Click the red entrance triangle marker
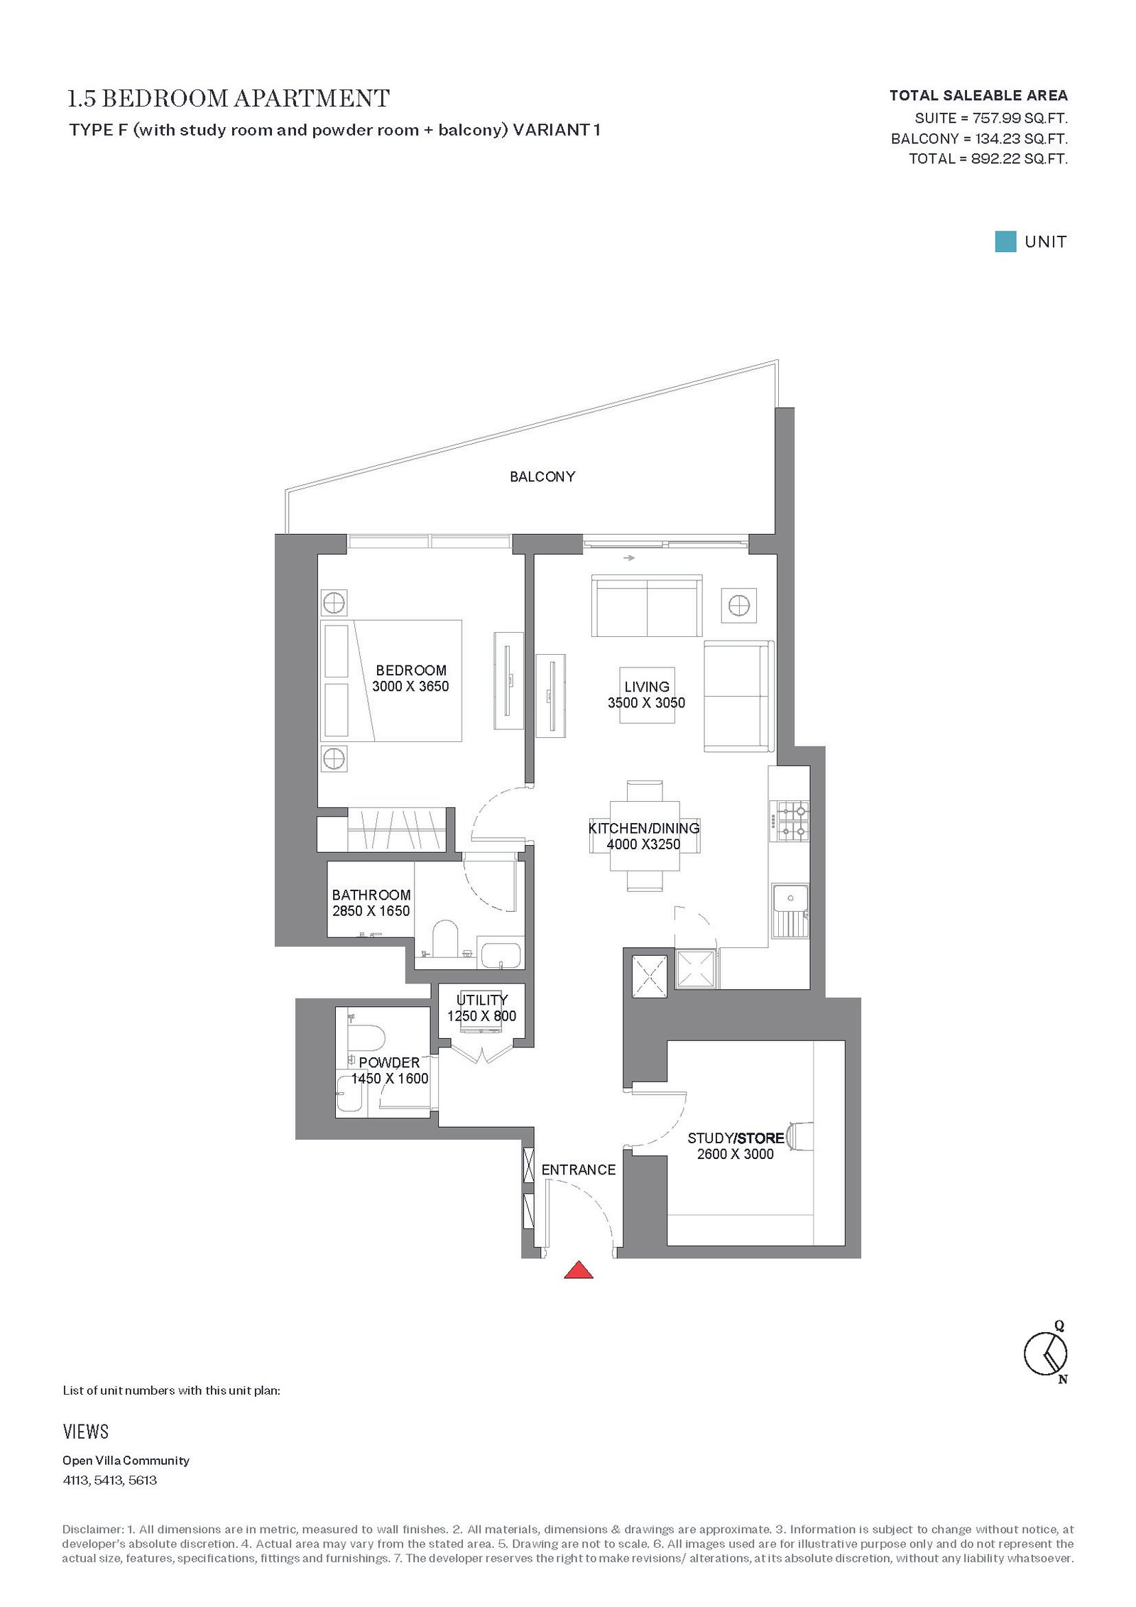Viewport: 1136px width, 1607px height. point(578,1270)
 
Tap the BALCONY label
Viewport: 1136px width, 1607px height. point(542,476)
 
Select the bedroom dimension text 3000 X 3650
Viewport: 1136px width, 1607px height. point(410,686)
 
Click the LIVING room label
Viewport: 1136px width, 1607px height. point(647,687)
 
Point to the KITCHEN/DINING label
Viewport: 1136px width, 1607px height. point(644,828)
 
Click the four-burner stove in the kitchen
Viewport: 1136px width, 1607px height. point(792,821)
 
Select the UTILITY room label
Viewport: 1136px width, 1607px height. point(482,1000)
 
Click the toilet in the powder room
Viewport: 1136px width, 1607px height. point(366,1037)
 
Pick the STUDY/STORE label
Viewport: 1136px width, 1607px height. point(736,1138)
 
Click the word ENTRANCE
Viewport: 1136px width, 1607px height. point(579,1170)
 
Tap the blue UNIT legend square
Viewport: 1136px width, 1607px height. point(1005,241)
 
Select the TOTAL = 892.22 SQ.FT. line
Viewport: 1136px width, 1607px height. point(988,158)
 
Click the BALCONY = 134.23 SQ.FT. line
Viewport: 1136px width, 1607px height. point(979,138)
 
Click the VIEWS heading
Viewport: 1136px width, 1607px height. point(86,1432)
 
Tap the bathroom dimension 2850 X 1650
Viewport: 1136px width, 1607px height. point(371,910)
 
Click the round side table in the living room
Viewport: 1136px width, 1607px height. point(739,606)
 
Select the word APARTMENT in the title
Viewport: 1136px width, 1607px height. point(312,98)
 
